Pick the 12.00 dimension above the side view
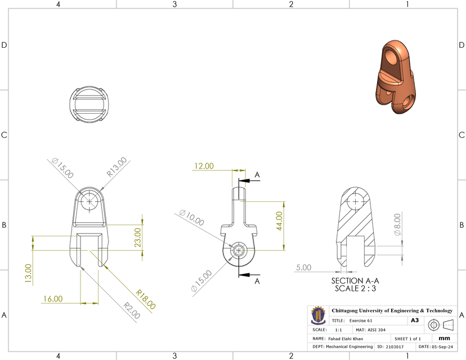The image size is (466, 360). point(204,166)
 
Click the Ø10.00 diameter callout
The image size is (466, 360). point(191,218)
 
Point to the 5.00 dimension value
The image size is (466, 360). point(303,268)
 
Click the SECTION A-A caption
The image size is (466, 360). point(355,281)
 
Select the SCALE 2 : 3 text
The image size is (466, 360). point(355,289)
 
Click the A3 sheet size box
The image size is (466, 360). point(415,320)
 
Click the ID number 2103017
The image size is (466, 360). point(395,347)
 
